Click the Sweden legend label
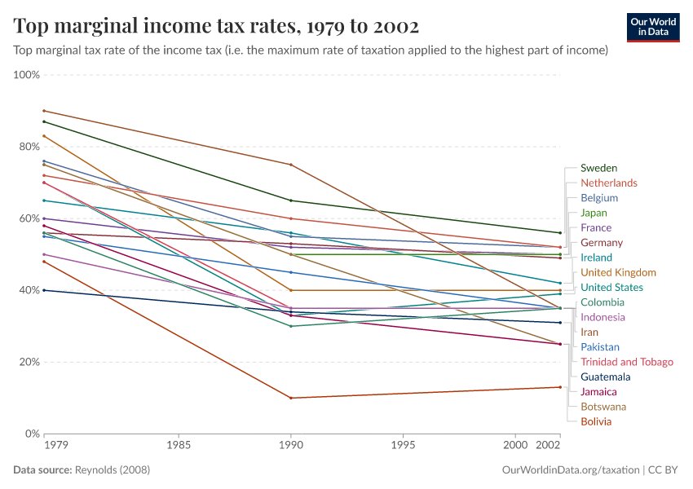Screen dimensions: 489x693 (598, 168)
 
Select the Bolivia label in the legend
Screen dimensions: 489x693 (595, 421)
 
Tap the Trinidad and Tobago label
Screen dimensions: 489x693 (626, 362)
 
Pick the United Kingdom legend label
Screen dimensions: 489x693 (617, 272)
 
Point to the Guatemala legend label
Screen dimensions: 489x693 (605, 377)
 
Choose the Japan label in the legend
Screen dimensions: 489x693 (594, 213)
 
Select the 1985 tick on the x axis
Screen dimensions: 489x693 (179, 446)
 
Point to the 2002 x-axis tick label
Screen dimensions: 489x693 (548, 446)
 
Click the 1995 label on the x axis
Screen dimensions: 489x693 (403, 446)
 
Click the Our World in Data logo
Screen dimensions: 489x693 (652, 27)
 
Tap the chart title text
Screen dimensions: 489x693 (216, 27)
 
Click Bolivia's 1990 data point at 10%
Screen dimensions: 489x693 (290, 398)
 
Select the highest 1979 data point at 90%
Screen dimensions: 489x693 (44, 111)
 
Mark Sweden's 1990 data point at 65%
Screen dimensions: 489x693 (290, 200)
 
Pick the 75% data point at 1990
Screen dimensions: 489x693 (290, 165)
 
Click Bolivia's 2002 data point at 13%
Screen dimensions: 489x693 (560, 387)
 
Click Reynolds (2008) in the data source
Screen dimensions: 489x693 (113, 470)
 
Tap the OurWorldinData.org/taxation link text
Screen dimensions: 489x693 (570, 470)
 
